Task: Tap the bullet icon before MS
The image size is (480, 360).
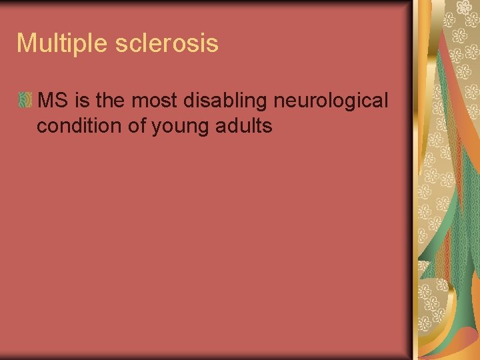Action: (x=25, y=101)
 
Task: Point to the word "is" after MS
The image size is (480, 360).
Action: (x=83, y=101)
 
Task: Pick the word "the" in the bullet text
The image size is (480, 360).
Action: (x=111, y=101)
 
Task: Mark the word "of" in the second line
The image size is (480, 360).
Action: (x=137, y=126)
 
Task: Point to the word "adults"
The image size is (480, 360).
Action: (x=246, y=126)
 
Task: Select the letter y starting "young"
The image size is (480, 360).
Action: (x=156, y=127)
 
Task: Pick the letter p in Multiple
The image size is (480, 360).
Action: (x=77, y=45)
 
